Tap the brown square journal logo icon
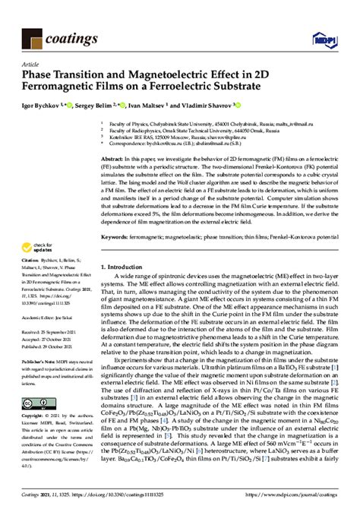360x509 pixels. coord(34,35)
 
